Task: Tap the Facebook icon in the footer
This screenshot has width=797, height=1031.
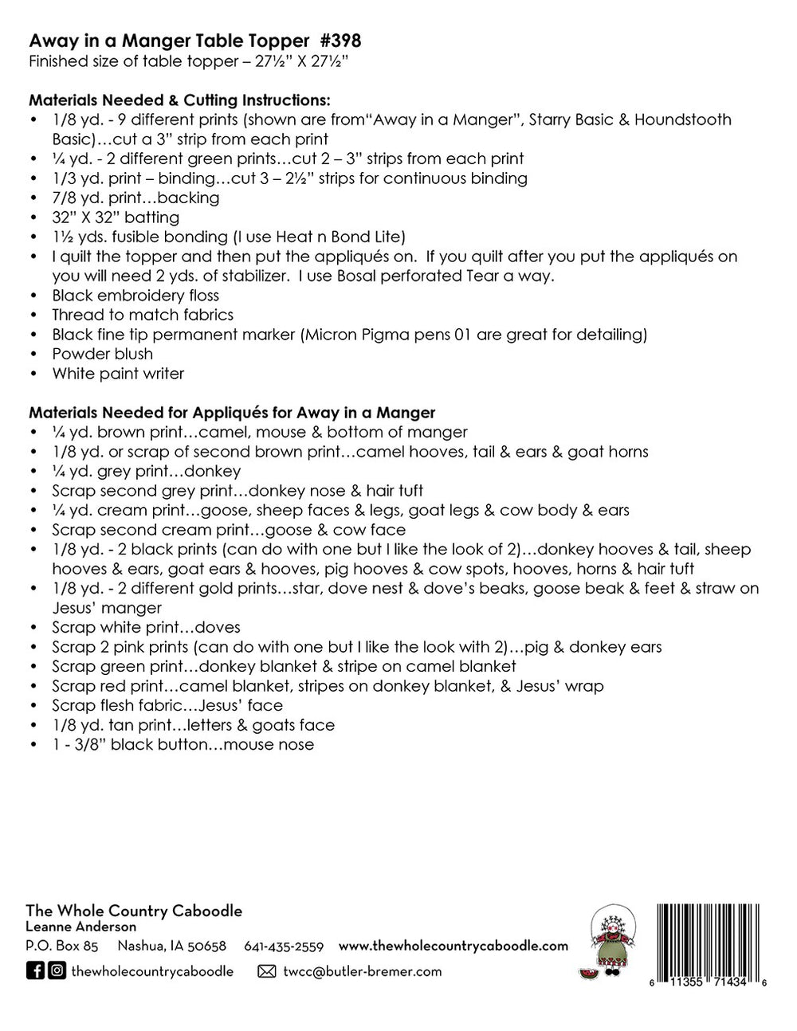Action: click(35, 970)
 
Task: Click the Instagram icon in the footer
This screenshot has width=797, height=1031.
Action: click(57, 970)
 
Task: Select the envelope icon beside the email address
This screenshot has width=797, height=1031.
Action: click(268, 971)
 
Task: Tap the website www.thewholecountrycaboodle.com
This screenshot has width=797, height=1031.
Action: click(453, 946)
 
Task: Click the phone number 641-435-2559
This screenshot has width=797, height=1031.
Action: click(284, 947)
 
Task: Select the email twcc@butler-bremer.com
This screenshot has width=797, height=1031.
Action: click(362, 971)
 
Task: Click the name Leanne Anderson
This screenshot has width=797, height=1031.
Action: click(80, 927)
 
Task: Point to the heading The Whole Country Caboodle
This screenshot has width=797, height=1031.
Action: click(134, 911)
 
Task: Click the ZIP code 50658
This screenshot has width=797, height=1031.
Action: click(207, 947)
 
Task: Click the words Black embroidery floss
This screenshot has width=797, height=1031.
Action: click(135, 296)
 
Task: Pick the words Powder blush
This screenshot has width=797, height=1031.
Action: click(102, 354)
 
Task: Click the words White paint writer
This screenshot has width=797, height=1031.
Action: click(118, 374)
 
